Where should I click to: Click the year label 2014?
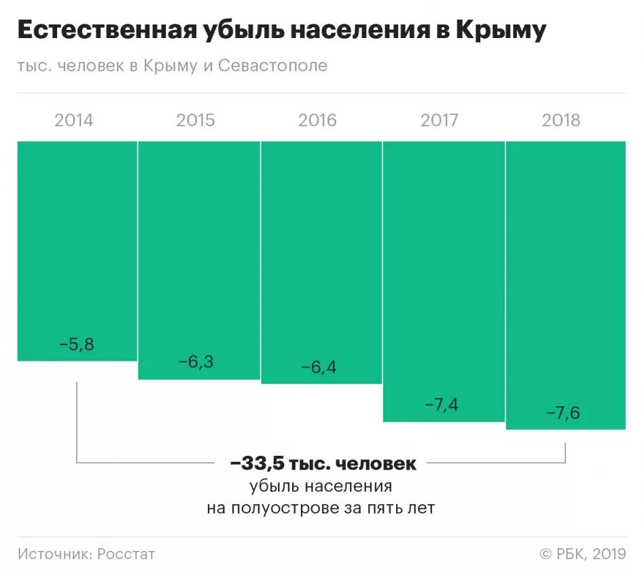tap(74, 121)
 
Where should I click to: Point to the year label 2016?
tap(317, 121)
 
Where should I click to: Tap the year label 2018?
tap(561, 121)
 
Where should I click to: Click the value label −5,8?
tap(77, 344)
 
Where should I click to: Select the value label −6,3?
tap(196, 362)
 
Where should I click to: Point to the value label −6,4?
tap(319, 368)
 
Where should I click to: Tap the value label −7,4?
tap(441, 406)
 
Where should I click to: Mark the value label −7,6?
tap(563, 412)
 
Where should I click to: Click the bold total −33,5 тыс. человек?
tap(323, 464)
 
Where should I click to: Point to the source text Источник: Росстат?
tap(87, 554)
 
